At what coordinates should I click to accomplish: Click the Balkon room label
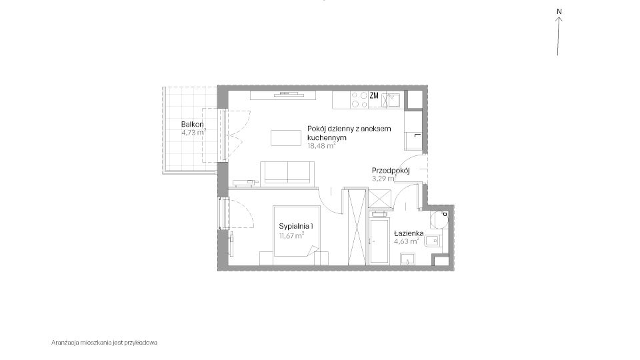(x=193, y=124)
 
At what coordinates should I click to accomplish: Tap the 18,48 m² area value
(x=321, y=146)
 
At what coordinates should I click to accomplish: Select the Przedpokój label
(x=391, y=171)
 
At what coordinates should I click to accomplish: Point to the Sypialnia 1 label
(x=296, y=226)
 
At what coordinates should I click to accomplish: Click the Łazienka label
(x=409, y=233)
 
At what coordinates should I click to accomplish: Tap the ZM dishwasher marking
(x=374, y=95)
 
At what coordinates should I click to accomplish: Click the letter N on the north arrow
(x=559, y=12)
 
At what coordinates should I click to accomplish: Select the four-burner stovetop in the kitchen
(x=359, y=99)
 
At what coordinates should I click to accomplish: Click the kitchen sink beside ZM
(x=391, y=100)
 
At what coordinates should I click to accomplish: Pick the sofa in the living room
(x=287, y=172)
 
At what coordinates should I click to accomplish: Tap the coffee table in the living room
(x=286, y=137)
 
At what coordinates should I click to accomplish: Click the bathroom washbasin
(x=407, y=259)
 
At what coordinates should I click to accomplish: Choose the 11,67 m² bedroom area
(x=291, y=235)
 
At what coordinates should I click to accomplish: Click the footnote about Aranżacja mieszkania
(x=104, y=343)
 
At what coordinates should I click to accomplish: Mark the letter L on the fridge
(x=416, y=135)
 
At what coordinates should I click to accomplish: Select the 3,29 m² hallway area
(x=384, y=179)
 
